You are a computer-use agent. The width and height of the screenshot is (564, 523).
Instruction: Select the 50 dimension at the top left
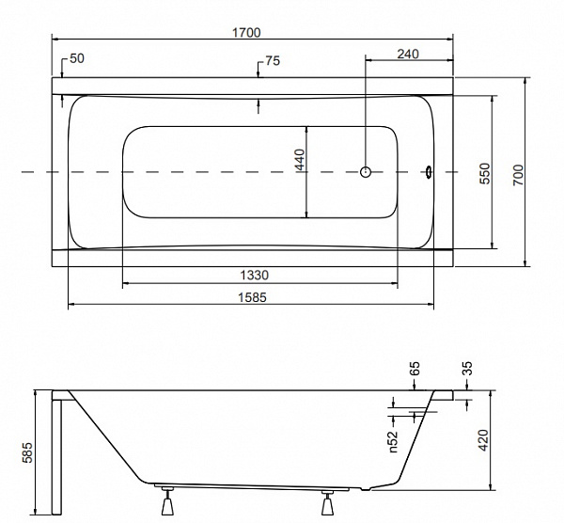[x=77, y=58]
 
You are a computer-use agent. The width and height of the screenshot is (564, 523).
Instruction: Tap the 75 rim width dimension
[x=272, y=61]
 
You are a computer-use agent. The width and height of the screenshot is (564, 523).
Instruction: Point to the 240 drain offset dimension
[x=407, y=54]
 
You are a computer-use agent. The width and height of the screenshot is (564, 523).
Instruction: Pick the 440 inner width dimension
[x=299, y=161]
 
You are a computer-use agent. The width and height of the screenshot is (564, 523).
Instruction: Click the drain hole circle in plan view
[x=367, y=172]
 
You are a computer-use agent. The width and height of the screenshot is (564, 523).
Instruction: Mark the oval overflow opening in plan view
[x=428, y=172]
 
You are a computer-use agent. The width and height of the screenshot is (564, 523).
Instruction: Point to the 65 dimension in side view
[x=415, y=368]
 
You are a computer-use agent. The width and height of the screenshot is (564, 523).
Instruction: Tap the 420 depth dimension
[x=485, y=438]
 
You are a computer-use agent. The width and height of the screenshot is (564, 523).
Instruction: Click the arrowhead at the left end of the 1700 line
[x=55, y=40]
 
